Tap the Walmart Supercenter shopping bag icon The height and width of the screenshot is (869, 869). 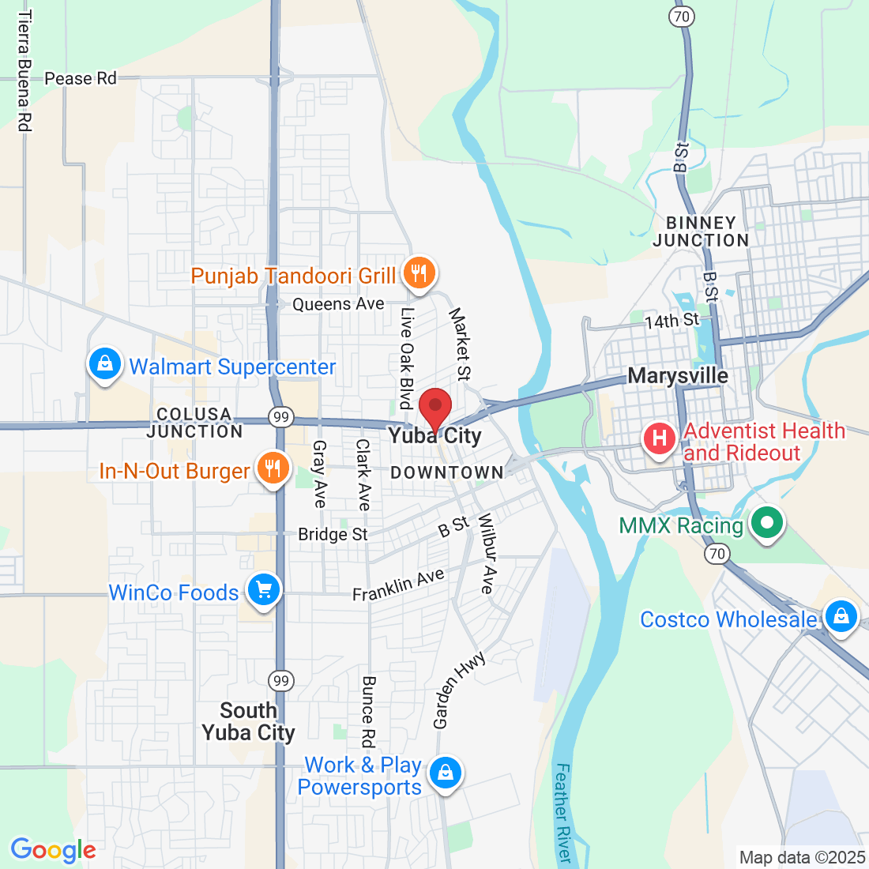click(105, 364)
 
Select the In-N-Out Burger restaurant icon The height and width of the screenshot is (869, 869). click(273, 468)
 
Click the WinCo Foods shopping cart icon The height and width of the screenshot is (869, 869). click(264, 590)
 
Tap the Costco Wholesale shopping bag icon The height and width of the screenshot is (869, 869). click(841, 615)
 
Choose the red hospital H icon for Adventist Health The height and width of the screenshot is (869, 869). click(660, 438)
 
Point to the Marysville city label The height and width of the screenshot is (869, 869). click(678, 375)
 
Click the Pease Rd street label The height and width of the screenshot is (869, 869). click(81, 78)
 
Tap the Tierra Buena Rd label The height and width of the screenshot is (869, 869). click(24, 71)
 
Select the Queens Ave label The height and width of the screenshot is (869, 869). click(338, 304)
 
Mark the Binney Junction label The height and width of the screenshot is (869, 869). click(701, 231)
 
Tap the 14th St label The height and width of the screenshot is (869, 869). click(672, 321)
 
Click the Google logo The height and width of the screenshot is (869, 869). click(53, 850)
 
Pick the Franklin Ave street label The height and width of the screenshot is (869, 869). click(398, 585)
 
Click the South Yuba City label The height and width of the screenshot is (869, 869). click(248, 721)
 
